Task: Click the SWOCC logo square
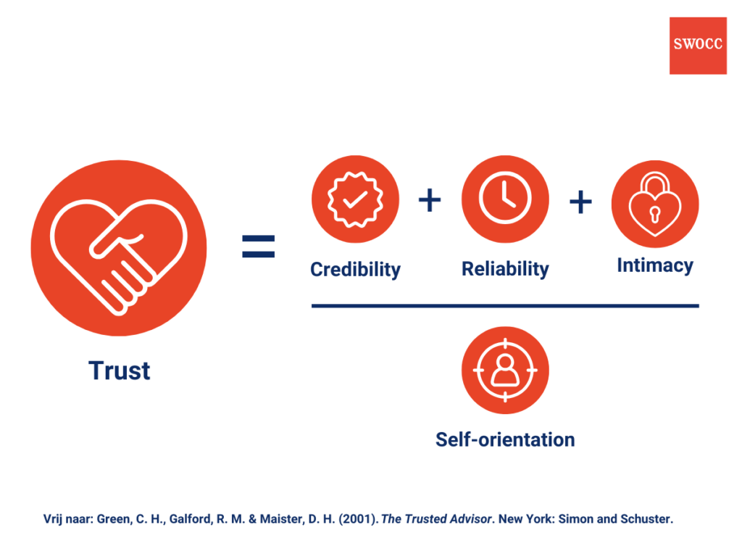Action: [698, 46]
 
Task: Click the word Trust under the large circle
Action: [120, 371]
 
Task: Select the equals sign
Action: [258, 247]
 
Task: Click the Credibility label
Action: [355, 270]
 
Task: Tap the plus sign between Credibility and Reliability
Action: [430, 201]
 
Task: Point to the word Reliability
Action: [505, 269]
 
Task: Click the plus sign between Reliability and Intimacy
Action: [580, 202]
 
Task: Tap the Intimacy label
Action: [655, 266]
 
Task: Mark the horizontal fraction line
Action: [505, 306]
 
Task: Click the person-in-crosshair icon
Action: [505, 371]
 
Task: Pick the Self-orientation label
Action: [505, 439]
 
